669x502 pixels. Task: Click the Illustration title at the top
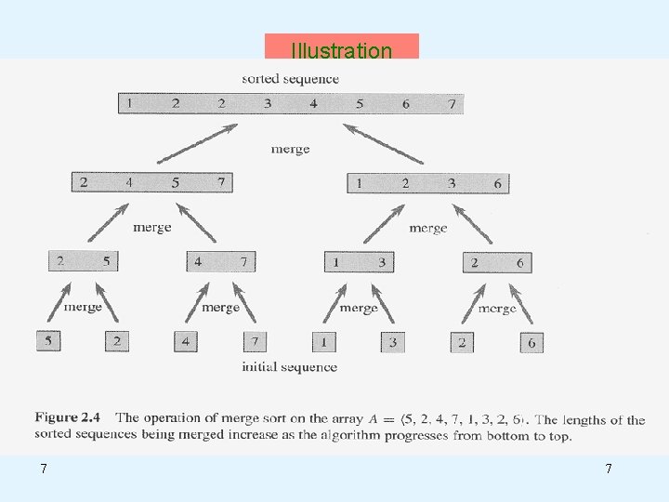(341, 50)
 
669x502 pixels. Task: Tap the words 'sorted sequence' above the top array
(290, 79)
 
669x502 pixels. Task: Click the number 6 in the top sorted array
(406, 103)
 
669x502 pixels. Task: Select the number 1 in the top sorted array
(130, 103)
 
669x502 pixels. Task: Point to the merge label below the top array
(290, 149)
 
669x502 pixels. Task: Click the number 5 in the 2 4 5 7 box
(176, 182)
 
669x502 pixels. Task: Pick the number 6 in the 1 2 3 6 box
(497, 184)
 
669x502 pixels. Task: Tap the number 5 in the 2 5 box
(106, 261)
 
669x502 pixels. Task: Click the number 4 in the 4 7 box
(198, 262)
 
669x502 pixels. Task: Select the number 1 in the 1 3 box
(335, 263)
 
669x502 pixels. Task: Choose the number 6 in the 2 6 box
(519, 263)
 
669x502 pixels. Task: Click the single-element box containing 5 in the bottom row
(48, 341)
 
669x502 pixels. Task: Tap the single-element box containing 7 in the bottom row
(255, 342)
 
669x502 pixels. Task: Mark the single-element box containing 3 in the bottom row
(392, 342)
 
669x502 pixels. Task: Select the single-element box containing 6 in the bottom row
(531, 343)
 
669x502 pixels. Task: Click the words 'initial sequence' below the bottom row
(289, 367)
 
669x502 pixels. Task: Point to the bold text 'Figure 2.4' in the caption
(70, 419)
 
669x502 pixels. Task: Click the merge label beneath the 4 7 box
(220, 307)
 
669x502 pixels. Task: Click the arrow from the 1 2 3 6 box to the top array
(384, 144)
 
